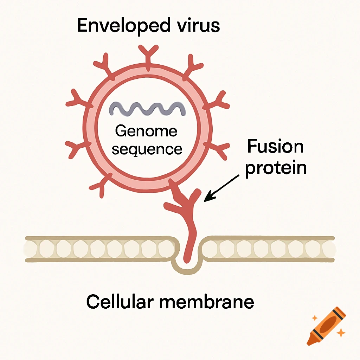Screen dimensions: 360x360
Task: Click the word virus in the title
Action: pyautogui.click(x=202, y=25)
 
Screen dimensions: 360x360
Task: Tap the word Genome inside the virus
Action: pyautogui.click(x=146, y=132)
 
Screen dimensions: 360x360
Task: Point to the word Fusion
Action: pyautogui.click(x=275, y=146)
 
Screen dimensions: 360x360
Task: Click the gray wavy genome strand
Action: pyautogui.click(x=147, y=109)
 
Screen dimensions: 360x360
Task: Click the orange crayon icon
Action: pyautogui.click(x=326, y=325)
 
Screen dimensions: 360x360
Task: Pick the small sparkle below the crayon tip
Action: pyautogui.click(x=340, y=332)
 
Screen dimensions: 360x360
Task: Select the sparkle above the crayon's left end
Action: pyautogui.click(x=314, y=318)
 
